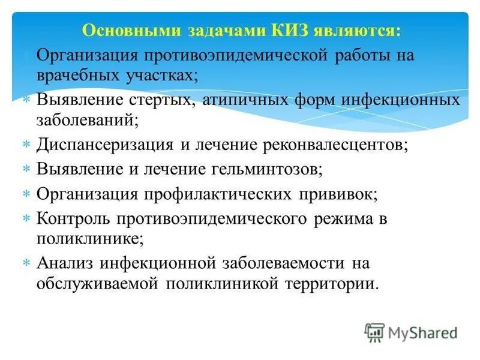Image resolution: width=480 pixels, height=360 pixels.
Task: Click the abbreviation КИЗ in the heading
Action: pyautogui.click(x=280, y=30)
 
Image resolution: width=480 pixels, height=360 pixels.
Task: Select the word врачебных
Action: pyautogui.click(x=76, y=75)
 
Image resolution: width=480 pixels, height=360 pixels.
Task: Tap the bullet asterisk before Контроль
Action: pyautogui.click(x=26, y=218)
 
